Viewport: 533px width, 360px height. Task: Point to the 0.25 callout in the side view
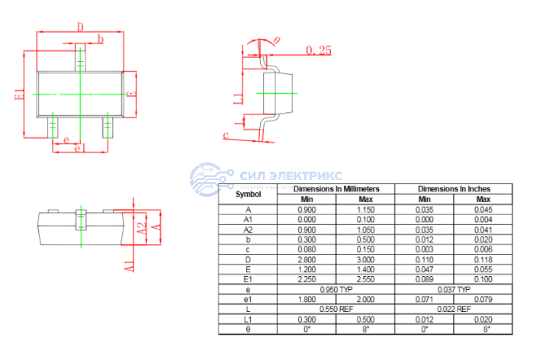319,50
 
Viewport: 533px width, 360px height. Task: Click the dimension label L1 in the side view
238,98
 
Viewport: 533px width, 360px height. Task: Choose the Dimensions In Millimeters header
336,188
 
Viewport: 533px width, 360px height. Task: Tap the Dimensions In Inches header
454,188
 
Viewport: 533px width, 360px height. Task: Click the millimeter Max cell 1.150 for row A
365,210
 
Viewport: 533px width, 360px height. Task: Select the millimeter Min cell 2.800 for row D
307,259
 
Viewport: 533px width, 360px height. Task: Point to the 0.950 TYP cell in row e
336,290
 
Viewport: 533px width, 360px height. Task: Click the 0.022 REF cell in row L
454,309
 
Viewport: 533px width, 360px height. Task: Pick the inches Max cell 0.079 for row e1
483,299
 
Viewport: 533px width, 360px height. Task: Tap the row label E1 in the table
247,279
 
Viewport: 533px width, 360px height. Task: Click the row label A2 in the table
247,230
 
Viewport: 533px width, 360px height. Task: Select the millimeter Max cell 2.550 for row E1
365,279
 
